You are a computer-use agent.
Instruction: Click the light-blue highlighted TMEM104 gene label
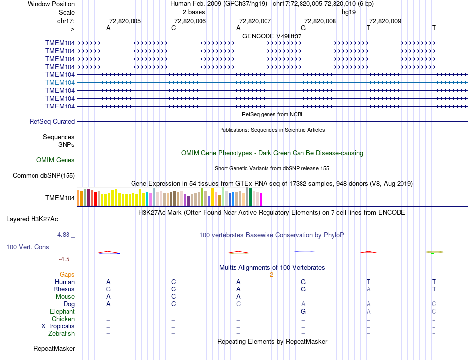(60, 82)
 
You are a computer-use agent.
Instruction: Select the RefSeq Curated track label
(52, 121)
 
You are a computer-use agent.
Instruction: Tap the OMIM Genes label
(56, 160)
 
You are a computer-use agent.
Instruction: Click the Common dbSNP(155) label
(44, 175)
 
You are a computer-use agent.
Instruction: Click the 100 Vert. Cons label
(28, 247)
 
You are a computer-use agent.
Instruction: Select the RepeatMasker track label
(54, 349)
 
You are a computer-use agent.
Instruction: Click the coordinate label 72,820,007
(255, 21)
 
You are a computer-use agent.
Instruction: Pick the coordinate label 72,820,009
(385, 21)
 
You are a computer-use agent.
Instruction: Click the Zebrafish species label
(62, 334)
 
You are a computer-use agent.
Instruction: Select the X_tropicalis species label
(58, 326)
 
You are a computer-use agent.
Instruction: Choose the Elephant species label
(62, 312)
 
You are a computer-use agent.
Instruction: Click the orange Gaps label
(67, 274)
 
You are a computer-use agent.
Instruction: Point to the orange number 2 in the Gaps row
(271, 275)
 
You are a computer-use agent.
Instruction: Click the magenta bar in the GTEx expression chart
(261, 199)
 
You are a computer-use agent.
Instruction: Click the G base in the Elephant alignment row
(303, 312)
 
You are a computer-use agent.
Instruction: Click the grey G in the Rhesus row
(108, 289)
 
